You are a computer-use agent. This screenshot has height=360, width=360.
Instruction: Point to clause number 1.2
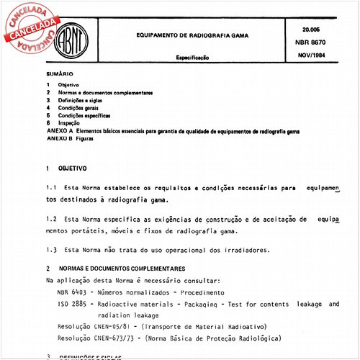pos(50,218)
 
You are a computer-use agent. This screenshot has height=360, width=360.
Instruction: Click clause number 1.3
pos(50,250)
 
